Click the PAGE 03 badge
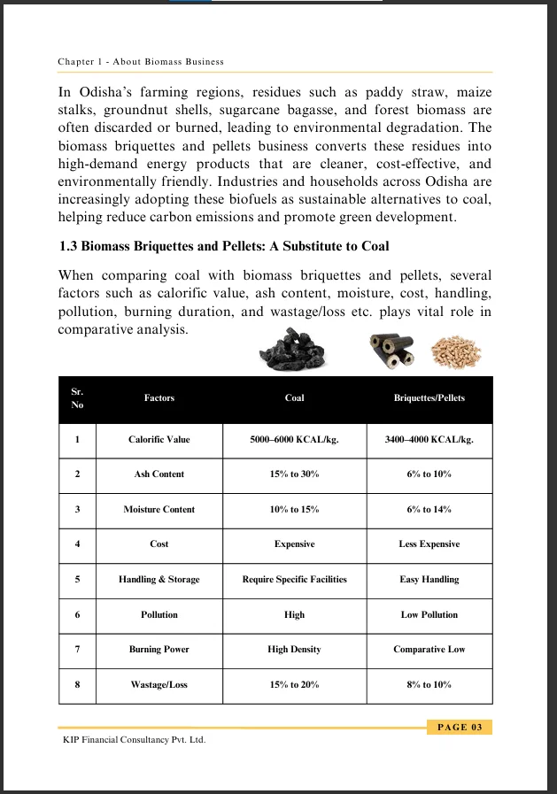pos(460,728)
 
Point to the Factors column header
pos(159,398)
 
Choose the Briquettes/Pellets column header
pos(429,398)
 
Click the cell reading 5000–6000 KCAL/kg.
pos(295,439)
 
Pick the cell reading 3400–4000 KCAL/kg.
pos(429,439)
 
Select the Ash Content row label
pos(159,474)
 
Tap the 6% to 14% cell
pos(429,510)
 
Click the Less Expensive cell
pos(429,544)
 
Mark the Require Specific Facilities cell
pos(295,580)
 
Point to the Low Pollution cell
pos(429,614)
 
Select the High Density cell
pos(295,650)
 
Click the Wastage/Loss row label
pos(159,685)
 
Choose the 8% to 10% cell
pos(429,685)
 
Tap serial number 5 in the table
pos(78,580)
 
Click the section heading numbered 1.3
pos(224,246)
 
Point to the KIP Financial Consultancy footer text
pos(133,740)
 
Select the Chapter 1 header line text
pos(141,62)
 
